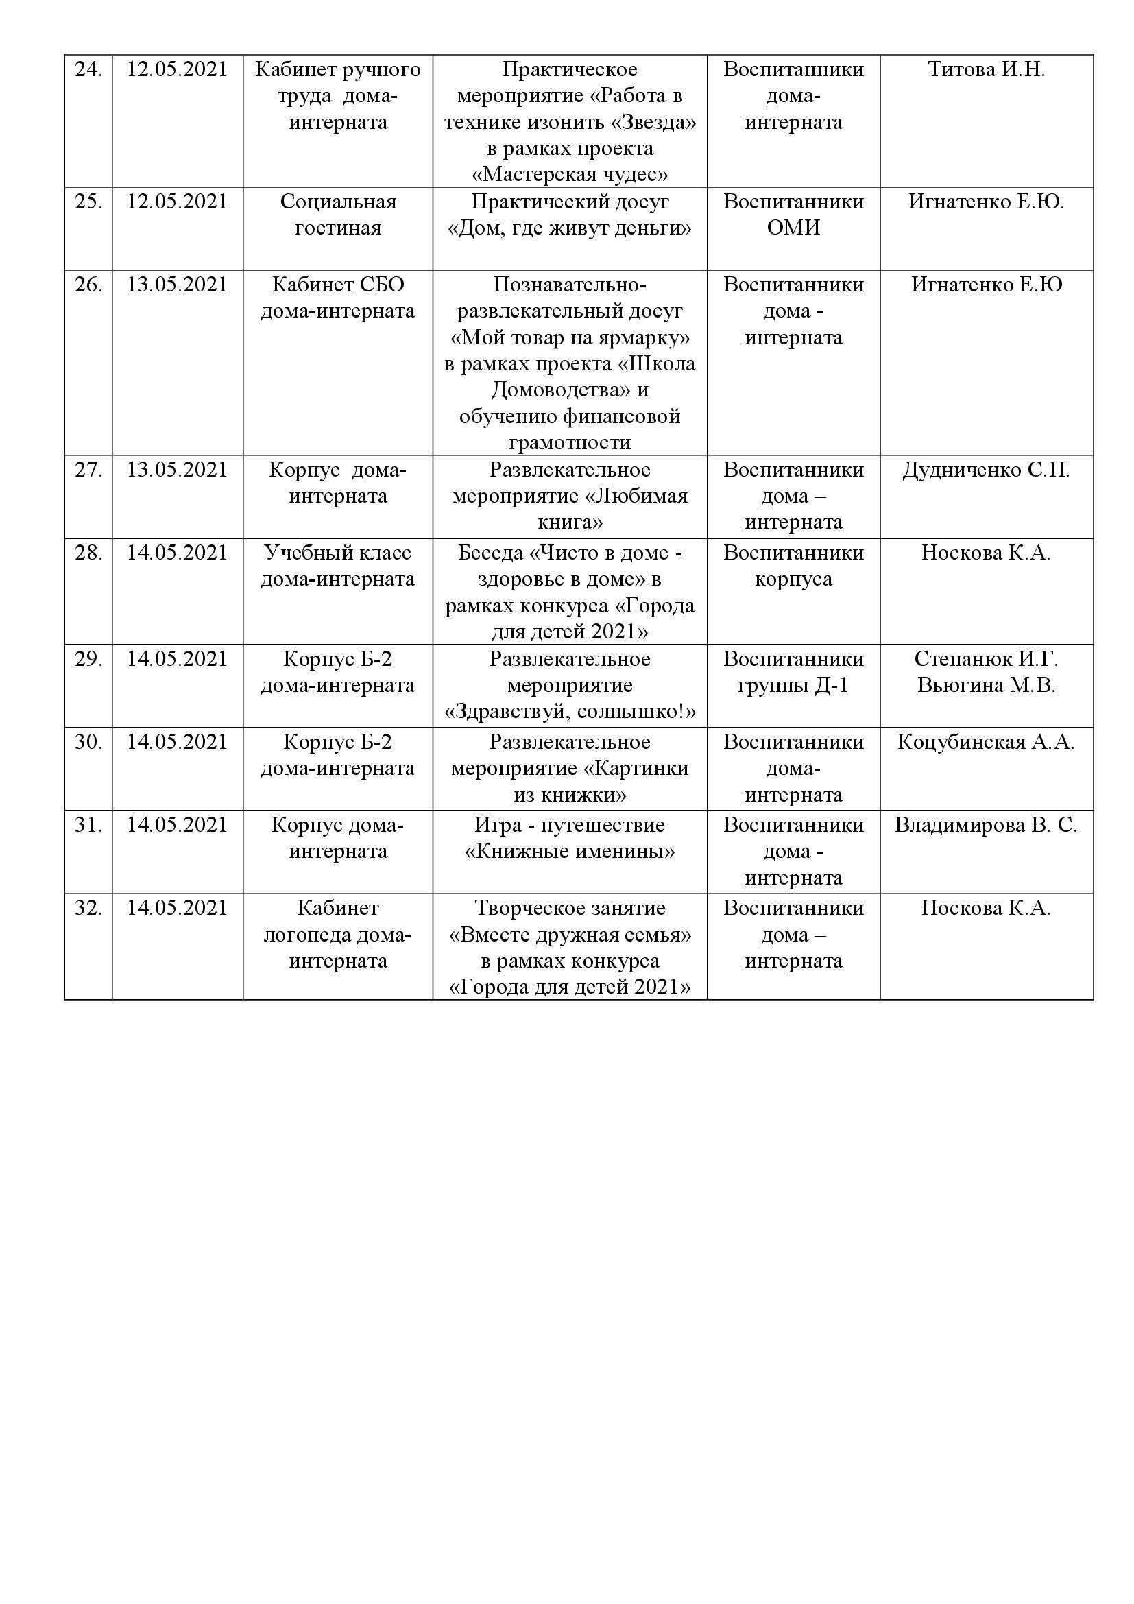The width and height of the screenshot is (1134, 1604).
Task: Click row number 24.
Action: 88,70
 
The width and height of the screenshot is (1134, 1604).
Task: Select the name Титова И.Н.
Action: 986,70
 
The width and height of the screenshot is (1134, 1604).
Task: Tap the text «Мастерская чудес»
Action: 570,175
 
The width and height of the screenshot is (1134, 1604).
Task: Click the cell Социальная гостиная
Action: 338,215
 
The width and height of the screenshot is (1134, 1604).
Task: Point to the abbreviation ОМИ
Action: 793,228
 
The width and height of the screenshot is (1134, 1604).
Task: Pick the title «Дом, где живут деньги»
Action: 570,228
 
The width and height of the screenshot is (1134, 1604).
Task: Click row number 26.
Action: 88,285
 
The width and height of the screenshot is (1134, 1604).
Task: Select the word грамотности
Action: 570,443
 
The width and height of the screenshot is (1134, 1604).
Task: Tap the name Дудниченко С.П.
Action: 986,470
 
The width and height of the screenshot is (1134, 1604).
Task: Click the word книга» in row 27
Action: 570,523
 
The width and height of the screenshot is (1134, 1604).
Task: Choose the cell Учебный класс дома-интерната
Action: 338,566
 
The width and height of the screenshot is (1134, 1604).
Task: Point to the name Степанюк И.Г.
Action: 986,659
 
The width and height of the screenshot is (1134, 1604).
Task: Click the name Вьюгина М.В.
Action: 986,685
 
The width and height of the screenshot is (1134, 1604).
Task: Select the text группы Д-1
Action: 793,685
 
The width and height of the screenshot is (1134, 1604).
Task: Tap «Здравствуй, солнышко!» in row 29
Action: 570,712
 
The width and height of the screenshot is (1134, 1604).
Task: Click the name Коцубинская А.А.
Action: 986,742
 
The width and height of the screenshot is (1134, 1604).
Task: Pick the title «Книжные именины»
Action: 570,852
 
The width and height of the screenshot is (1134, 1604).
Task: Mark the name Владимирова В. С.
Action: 986,825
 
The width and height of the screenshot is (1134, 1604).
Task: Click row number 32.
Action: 88,908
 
